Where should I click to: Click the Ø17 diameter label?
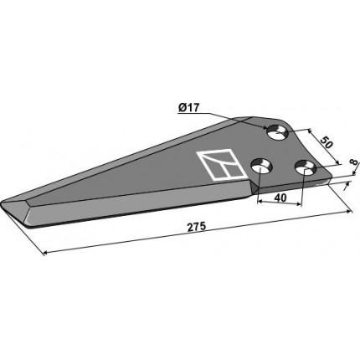pyautogui.click(x=189, y=107)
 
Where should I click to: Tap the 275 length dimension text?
pyautogui.click(x=197, y=227)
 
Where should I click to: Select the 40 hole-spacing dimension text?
pyautogui.click(x=280, y=198)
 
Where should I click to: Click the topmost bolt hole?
pyautogui.click(x=278, y=131)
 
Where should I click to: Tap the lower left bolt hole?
pyautogui.click(x=262, y=167)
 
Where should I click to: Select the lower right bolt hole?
pyautogui.click(x=306, y=167)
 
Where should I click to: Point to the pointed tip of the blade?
pyautogui.click(x=3, y=203)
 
